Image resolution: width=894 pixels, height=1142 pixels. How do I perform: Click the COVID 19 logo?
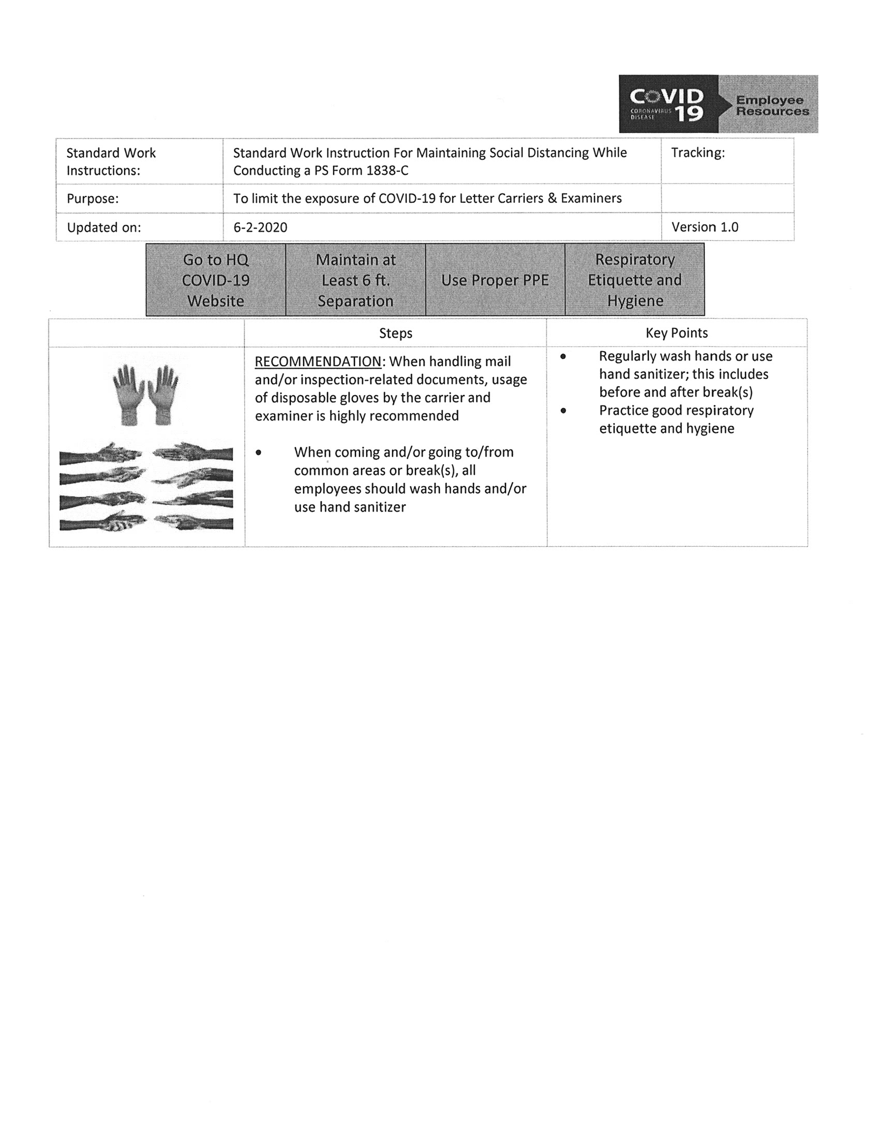tap(668, 104)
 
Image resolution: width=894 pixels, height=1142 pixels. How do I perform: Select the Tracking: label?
tap(698, 153)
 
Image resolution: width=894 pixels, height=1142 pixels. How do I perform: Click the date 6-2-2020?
tap(260, 227)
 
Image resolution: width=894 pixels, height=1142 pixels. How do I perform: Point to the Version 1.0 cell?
tap(705, 227)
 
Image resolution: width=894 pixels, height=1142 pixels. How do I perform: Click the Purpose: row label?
tap(93, 199)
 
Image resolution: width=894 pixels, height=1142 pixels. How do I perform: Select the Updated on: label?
tap(103, 228)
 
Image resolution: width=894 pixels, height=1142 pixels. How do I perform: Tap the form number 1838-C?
tap(388, 171)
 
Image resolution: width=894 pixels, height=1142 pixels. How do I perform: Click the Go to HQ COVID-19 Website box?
tap(216, 280)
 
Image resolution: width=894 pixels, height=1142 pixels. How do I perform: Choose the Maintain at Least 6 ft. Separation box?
tap(355, 280)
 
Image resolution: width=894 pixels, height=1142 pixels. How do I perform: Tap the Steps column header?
tap(396, 333)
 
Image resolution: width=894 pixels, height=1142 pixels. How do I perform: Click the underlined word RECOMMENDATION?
tap(318, 362)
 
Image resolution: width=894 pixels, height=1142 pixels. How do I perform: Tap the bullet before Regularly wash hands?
tap(563, 357)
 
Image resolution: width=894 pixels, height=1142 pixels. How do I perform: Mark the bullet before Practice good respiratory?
tap(563, 411)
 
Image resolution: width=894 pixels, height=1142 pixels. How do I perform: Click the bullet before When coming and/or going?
tap(259, 453)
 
